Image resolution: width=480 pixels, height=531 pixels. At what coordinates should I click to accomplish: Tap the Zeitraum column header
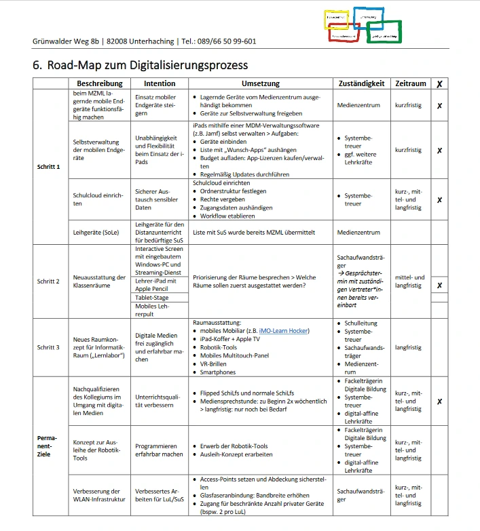pos(411,83)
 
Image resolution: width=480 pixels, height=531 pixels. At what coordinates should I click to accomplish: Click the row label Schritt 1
pos(49,166)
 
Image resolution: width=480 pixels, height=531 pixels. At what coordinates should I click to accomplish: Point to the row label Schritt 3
pos(49,347)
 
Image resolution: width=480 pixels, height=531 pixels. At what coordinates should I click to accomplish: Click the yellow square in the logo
pos(337,19)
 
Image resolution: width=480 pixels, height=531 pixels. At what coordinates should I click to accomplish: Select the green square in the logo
pos(384,31)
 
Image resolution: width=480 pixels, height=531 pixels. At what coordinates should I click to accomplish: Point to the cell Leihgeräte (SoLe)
pos(96,232)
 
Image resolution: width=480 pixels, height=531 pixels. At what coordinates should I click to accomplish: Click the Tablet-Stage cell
pos(153,296)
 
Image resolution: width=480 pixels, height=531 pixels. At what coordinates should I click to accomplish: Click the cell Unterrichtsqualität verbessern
pos(159,401)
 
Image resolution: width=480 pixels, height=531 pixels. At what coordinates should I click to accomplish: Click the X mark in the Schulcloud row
pos(439,200)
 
